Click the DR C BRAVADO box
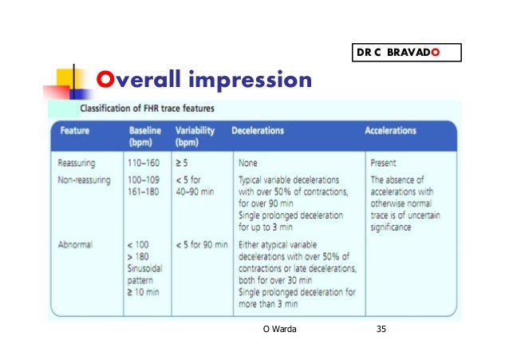pos(406,53)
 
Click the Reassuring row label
pos(77,162)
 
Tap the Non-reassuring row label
pos(84,180)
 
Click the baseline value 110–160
pos(146,162)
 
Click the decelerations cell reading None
pos(247,162)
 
